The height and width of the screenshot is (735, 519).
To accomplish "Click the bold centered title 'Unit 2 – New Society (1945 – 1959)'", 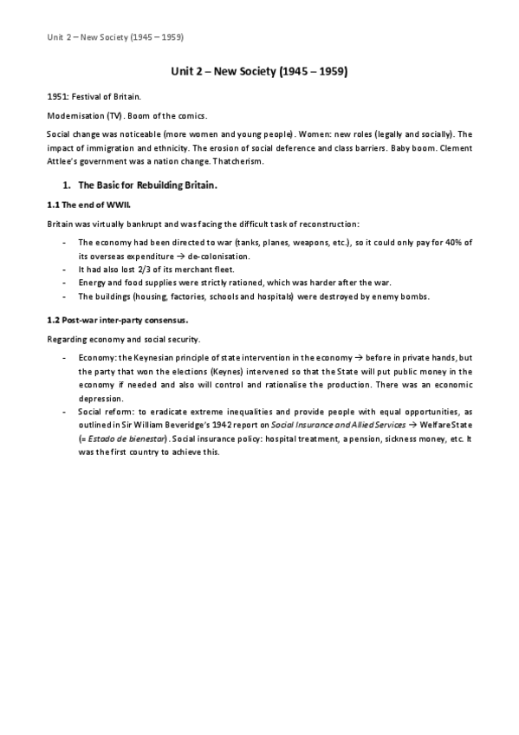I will click(259, 73).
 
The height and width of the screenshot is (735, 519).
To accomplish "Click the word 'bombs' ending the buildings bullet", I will click(411, 296).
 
